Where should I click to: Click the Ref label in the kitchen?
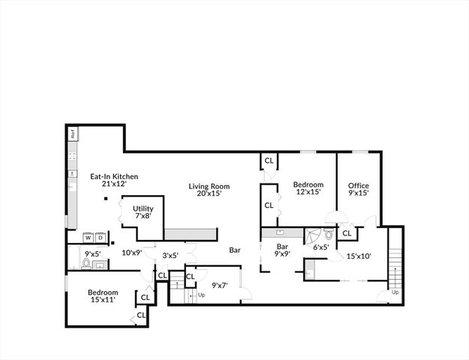[73, 135]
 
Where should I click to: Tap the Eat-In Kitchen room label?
[114, 176]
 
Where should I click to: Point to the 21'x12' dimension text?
[114, 184]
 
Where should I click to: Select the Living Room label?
[209, 186]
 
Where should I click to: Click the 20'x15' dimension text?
[209, 194]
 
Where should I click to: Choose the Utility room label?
[143, 208]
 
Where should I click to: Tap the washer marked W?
[88, 238]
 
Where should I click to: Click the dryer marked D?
[101, 238]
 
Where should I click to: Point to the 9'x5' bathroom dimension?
[93, 253]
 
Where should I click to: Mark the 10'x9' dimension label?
[132, 253]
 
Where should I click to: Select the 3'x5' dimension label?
[171, 256]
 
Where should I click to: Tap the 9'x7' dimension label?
[220, 284]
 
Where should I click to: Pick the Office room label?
[359, 186]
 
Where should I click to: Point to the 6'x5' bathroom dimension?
[321, 247]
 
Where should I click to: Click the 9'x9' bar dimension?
[283, 254]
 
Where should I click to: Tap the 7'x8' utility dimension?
[143, 216]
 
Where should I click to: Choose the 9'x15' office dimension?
[359, 194]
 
